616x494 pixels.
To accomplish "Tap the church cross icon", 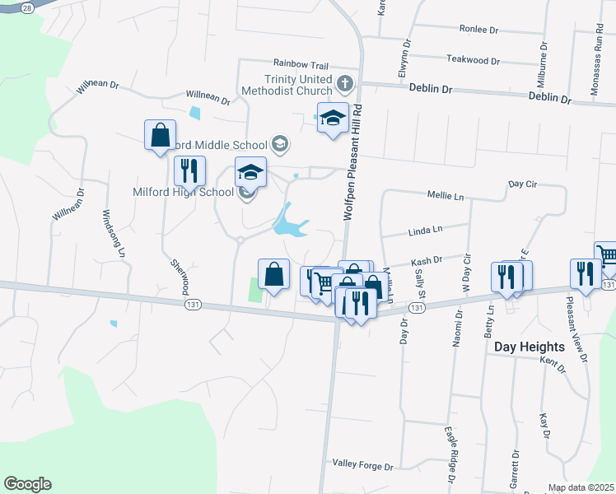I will [345, 83].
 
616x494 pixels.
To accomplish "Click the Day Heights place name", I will [530, 347].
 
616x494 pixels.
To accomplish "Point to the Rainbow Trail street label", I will [301, 64].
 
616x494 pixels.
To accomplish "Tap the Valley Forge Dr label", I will [363, 466].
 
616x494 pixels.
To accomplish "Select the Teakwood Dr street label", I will [473, 60].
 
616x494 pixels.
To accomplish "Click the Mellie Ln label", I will [446, 197].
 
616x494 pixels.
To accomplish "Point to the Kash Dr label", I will [427, 259].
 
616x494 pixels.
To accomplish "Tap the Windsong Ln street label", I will [112, 234].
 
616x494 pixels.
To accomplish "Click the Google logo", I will [27, 484].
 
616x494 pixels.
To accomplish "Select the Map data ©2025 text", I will [581, 487].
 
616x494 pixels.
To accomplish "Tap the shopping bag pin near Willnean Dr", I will [160, 135].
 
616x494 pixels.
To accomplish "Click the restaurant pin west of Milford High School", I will [189, 171].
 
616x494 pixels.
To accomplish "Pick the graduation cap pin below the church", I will [333, 118].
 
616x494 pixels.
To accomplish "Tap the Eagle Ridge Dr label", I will [450, 454].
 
